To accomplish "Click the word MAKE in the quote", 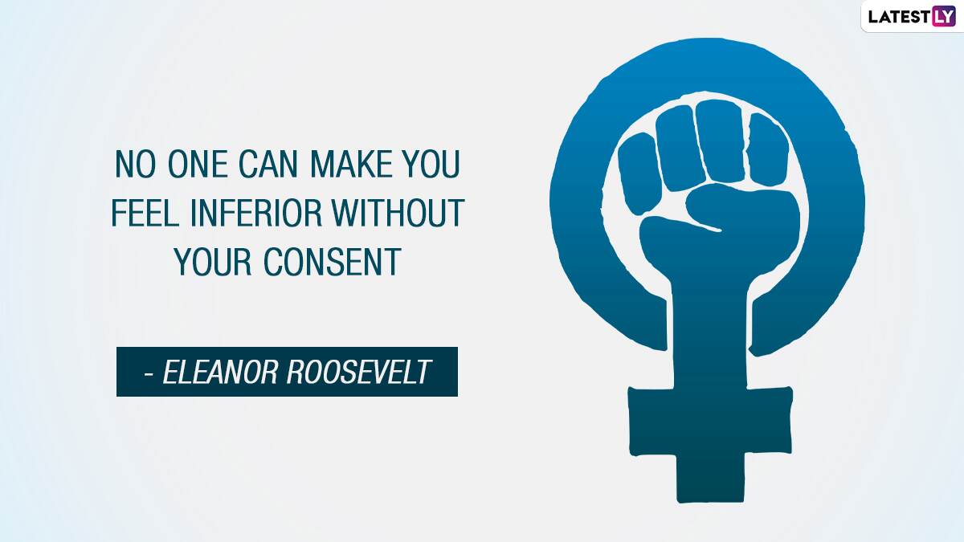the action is pos(351,164).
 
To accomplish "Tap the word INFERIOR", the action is pos(255,213).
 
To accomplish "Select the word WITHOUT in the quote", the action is pos(398,213).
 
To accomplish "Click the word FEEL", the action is pos(145,213).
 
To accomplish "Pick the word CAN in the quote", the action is pos(268,164).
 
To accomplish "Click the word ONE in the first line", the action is pos(198,164).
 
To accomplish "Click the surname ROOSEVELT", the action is pos(358,372).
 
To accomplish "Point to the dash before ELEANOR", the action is pos(149,374).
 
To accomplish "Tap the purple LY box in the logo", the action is pos(944,16).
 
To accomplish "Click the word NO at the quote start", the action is pos(135,164).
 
